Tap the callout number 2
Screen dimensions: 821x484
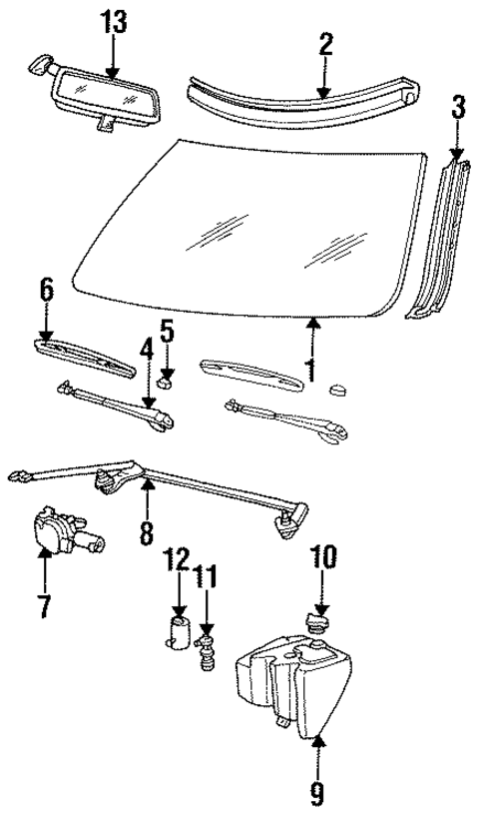point(325,43)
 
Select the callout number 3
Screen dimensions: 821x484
point(457,107)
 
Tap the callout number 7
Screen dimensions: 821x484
point(44,605)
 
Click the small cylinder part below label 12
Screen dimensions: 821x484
point(180,635)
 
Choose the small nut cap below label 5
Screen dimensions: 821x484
point(167,379)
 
